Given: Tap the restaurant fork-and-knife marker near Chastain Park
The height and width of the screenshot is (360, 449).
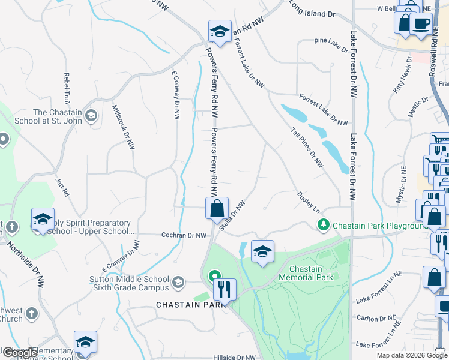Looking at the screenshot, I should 224,290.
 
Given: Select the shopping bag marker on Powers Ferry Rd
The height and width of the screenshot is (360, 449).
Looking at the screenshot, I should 217,209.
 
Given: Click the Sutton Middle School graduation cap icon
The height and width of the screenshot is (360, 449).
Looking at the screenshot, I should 178,281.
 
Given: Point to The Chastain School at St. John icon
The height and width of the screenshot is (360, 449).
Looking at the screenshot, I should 91,115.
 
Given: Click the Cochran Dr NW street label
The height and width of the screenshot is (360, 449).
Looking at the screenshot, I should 184,236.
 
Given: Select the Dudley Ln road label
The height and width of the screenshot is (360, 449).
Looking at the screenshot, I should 308,202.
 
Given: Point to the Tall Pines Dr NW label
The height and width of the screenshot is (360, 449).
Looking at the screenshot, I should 307,147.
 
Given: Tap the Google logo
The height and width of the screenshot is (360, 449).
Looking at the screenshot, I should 20,353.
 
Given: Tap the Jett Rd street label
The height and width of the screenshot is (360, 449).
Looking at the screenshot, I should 61,187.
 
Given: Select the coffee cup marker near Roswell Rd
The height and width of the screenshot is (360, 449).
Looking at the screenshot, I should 421,23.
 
